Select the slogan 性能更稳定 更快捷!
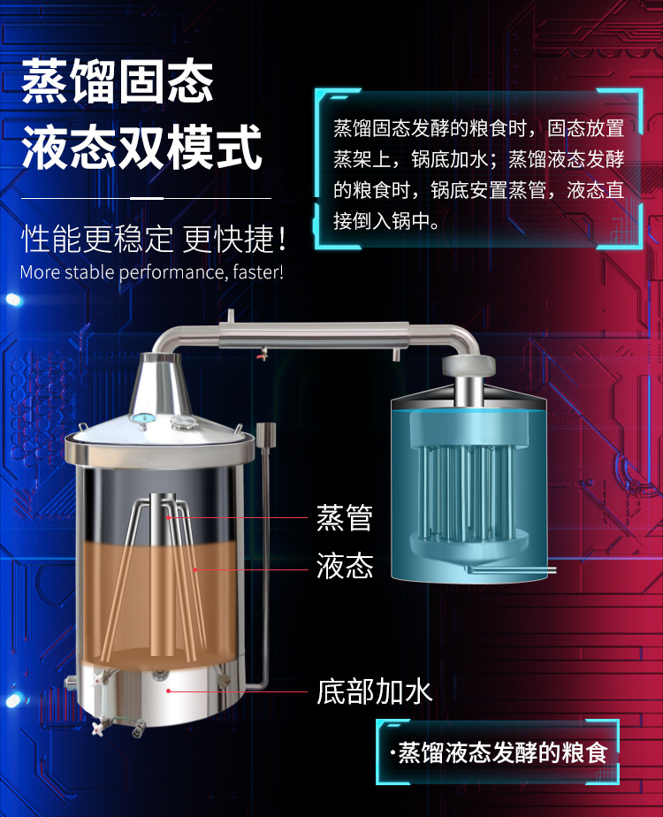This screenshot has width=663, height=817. (154, 238)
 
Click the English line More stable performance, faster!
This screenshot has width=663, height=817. (151, 271)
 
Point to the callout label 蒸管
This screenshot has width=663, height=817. (344, 517)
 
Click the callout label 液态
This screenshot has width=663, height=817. (344, 565)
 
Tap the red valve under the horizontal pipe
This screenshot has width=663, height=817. (260, 357)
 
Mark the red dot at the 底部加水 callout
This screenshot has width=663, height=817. (167, 691)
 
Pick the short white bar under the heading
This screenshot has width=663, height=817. (147, 197)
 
